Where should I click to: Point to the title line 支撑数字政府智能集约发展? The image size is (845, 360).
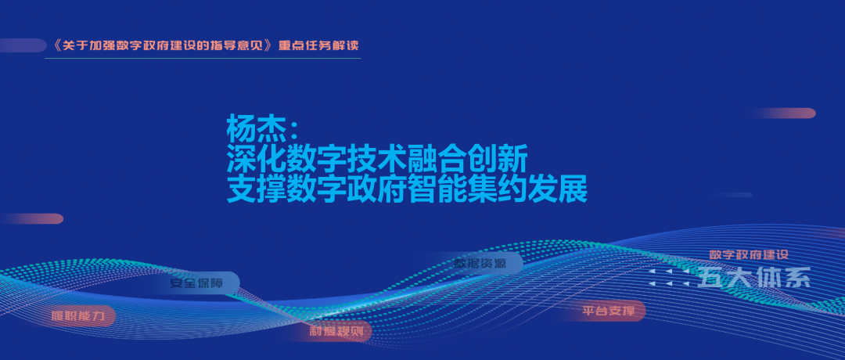pos(407,190)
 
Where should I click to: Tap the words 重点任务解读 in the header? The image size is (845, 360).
pos(319,45)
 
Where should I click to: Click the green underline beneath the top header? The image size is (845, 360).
pos(203,58)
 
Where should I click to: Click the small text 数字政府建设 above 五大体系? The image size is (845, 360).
pos(747,255)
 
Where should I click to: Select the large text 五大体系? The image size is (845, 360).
pos(753,279)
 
